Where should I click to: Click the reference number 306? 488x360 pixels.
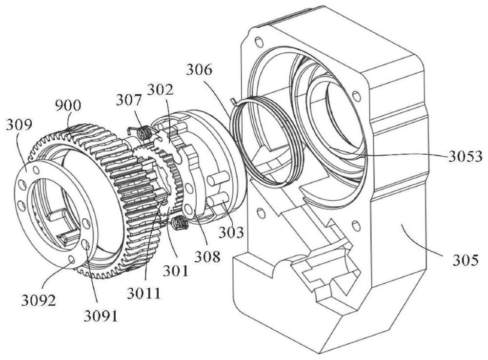point(199,69)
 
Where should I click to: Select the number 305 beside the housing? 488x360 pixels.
point(465,260)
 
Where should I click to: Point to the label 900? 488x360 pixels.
point(68,106)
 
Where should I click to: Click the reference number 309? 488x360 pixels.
point(19,125)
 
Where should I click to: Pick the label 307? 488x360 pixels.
point(129,100)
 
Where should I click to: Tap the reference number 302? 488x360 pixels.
point(160,90)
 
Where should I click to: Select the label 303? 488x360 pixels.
point(231,232)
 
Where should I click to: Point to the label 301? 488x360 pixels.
point(176,271)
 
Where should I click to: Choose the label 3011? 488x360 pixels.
point(144,294)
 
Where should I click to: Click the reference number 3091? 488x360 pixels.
point(101,316)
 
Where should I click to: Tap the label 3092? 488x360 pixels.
point(39,300)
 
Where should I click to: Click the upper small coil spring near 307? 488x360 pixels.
point(144,133)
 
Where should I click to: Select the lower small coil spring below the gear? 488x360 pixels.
point(178,222)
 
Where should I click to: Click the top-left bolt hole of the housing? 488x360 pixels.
point(258,42)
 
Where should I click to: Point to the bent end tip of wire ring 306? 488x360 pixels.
point(232,100)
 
